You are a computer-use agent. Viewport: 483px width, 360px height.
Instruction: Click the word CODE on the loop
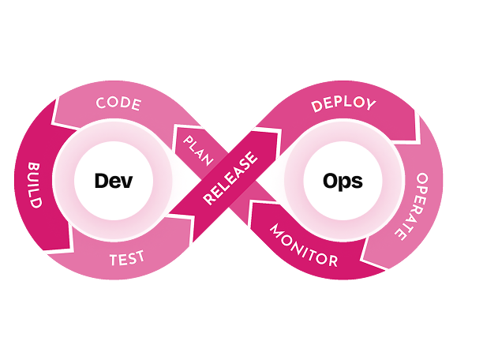(x=118, y=103)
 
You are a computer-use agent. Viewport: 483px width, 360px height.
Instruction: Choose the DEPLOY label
(x=343, y=103)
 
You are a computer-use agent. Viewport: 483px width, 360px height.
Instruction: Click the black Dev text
(x=112, y=181)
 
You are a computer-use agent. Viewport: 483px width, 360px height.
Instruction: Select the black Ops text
(x=343, y=181)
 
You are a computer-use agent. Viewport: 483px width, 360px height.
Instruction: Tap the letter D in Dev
(x=101, y=181)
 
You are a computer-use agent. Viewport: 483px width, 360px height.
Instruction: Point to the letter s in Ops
(x=357, y=182)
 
